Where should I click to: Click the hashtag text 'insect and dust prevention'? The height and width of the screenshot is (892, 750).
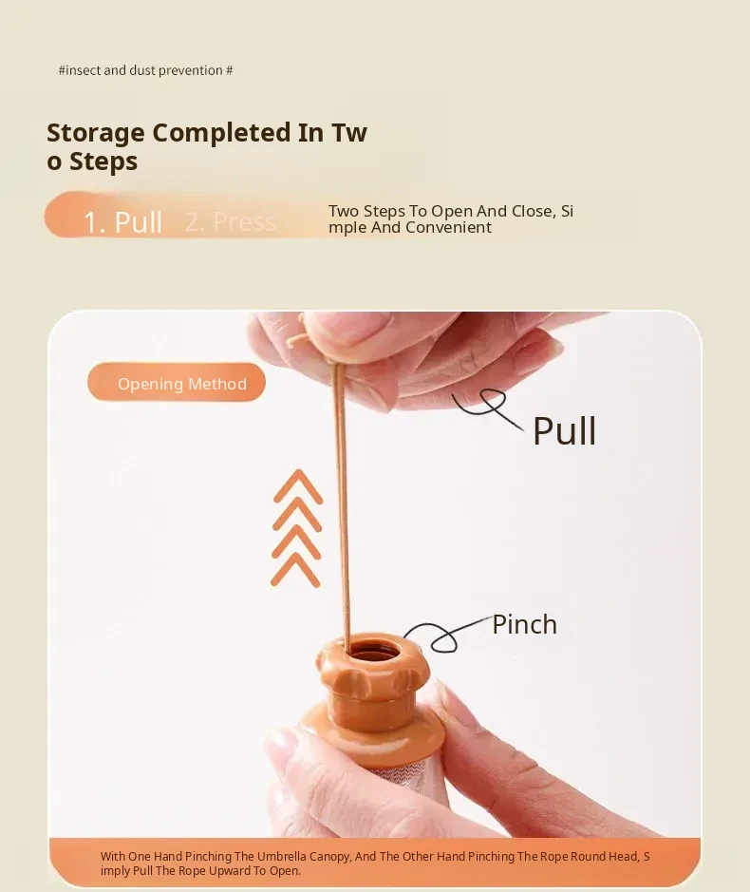145,70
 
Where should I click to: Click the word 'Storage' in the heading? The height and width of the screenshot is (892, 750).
96,134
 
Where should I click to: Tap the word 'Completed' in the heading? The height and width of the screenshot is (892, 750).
222,133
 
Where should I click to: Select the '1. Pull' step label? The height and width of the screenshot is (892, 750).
122,221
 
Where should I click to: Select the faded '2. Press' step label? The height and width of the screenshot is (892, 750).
231,221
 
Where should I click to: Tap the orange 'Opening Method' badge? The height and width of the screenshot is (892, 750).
177,382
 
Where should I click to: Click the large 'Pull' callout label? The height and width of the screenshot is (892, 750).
564,430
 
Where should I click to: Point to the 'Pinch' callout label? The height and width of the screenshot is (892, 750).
524,624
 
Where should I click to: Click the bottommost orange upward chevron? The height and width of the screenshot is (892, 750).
295,568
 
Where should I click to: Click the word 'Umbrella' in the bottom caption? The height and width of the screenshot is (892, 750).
280,856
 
